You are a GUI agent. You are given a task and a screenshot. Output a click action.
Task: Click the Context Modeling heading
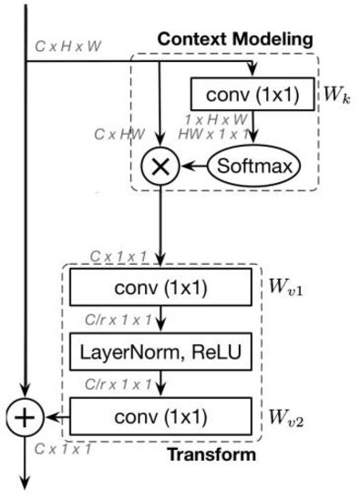coord(234,39)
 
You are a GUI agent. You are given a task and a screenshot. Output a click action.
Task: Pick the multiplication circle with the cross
coord(160,166)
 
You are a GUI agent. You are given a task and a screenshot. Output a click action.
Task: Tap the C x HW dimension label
coord(120,134)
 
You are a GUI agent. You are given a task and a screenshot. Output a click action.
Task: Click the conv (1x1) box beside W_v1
coord(160,290)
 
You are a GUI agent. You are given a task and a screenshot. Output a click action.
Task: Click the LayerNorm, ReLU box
coord(160,352)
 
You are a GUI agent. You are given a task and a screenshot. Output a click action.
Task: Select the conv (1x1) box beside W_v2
coord(160,418)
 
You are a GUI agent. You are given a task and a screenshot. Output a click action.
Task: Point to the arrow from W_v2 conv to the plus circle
coord(55,418)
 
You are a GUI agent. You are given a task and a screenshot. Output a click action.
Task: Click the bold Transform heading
coord(219,453)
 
